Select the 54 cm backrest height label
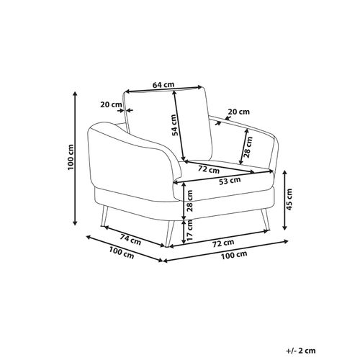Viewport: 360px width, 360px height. pyautogui.click(x=174, y=127)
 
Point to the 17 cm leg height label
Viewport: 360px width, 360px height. pyautogui.click(x=189, y=234)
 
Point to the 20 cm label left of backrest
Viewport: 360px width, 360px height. pyautogui.click(x=110, y=104)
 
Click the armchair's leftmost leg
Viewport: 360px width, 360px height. pyautogui.click(x=106, y=215)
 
